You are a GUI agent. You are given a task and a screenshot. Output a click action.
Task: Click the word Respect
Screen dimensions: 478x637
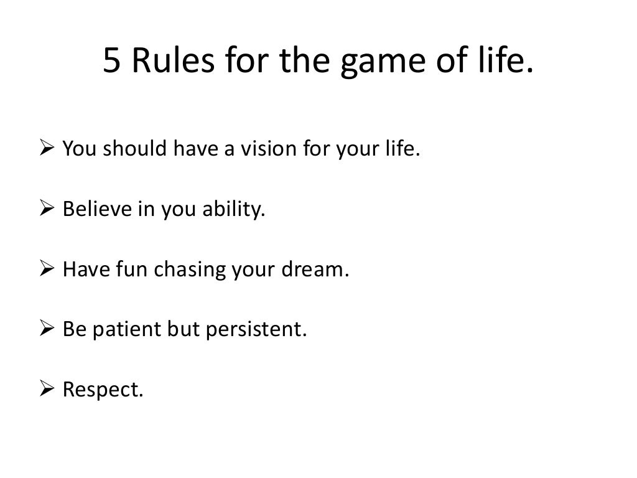(103, 390)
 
